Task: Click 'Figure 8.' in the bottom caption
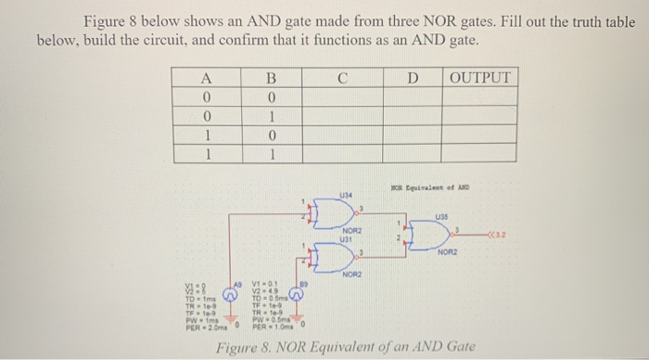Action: coord(244,350)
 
